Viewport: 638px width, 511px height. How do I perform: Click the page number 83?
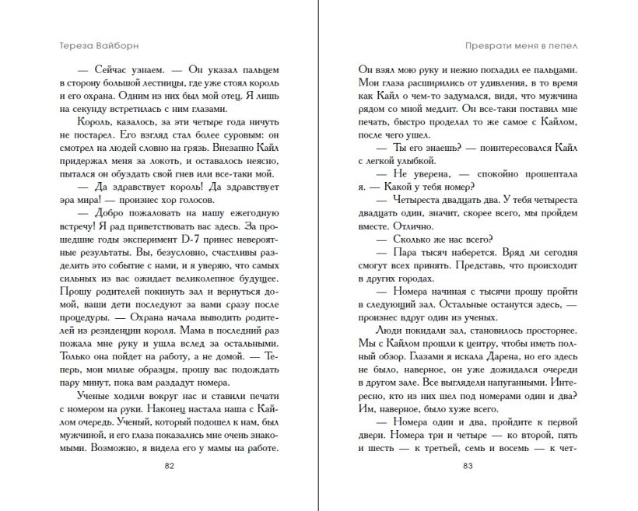coord(468,467)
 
